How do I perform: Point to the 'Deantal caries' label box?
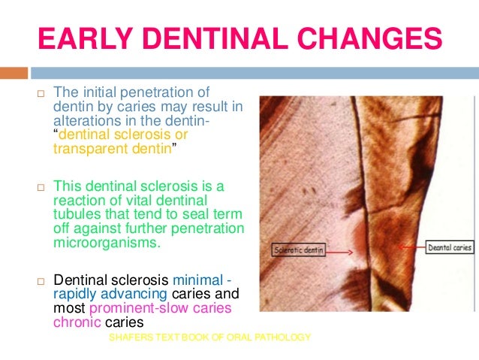[x=448, y=246]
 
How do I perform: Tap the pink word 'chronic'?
[x=74, y=321]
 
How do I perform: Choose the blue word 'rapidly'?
[x=74, y=295]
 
